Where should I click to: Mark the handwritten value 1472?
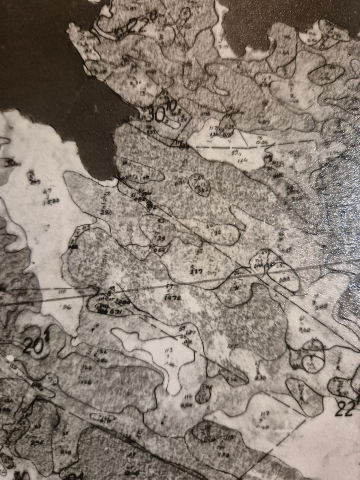click(173, 298)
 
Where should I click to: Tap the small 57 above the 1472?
click(169, 287)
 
